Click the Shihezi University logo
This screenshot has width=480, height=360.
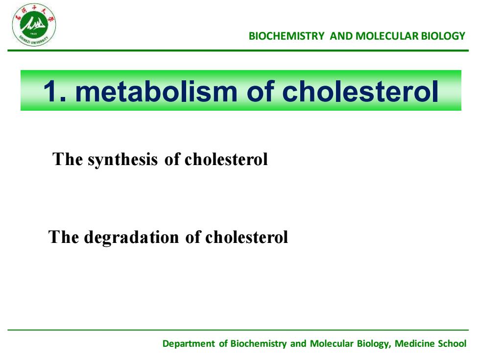34,25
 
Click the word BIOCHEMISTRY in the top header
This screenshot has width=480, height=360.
286,36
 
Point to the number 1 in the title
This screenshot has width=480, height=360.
51,91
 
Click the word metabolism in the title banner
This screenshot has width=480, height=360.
156,91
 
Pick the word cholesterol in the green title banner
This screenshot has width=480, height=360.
360,91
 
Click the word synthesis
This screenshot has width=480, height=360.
123,160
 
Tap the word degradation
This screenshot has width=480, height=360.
131,237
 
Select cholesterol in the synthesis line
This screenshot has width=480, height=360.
226,159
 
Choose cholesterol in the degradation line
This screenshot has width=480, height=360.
246,237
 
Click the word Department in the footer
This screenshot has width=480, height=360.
189,344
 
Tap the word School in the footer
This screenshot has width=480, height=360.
452,343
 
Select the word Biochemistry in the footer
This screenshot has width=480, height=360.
259,344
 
